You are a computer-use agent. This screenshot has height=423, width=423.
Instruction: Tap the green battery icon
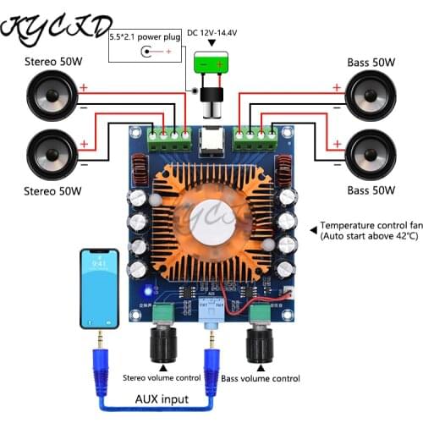point(212,64)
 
